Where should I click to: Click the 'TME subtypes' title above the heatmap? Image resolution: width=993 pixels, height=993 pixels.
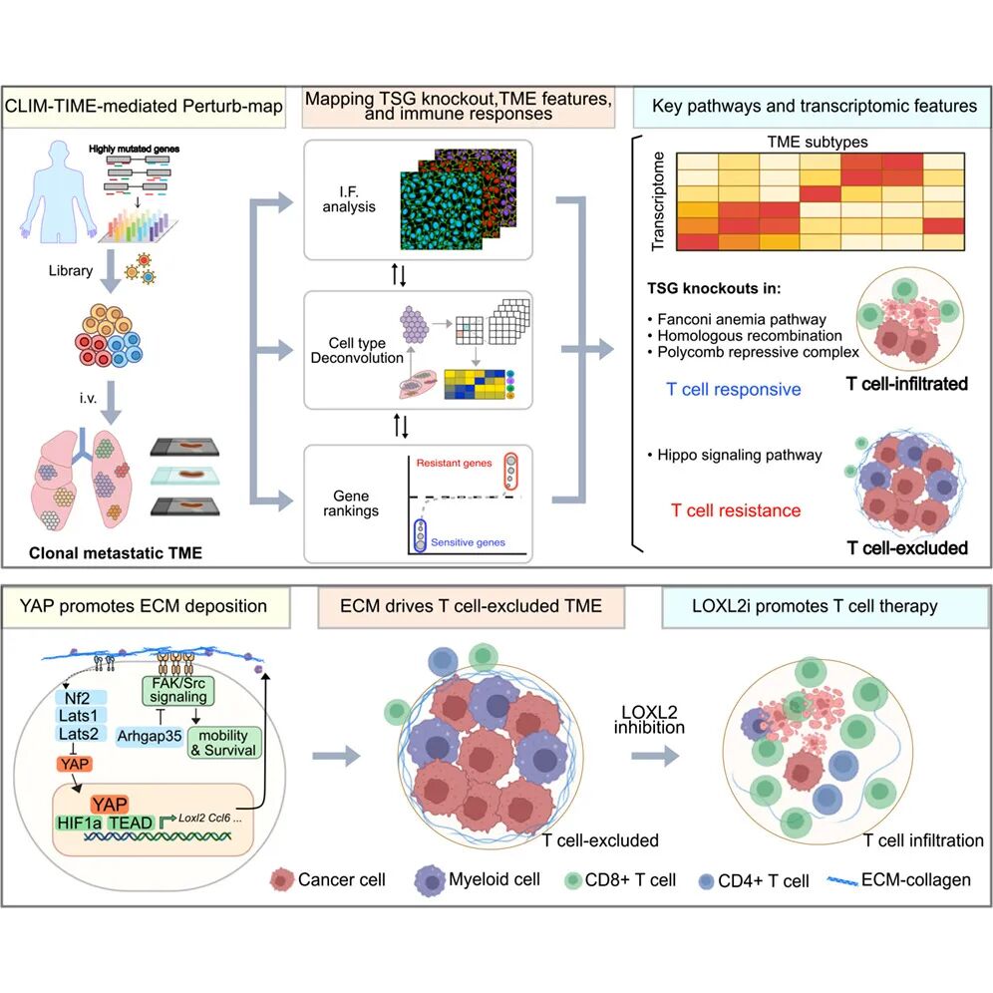[803, 141]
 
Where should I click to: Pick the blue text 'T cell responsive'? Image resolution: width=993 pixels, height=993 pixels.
[734, 389]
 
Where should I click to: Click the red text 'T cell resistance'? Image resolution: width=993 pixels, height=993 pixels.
[736, 510]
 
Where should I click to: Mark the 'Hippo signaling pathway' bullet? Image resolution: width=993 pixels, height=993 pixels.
[736, 455]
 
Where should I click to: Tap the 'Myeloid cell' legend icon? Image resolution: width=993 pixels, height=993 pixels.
[426, 879]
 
